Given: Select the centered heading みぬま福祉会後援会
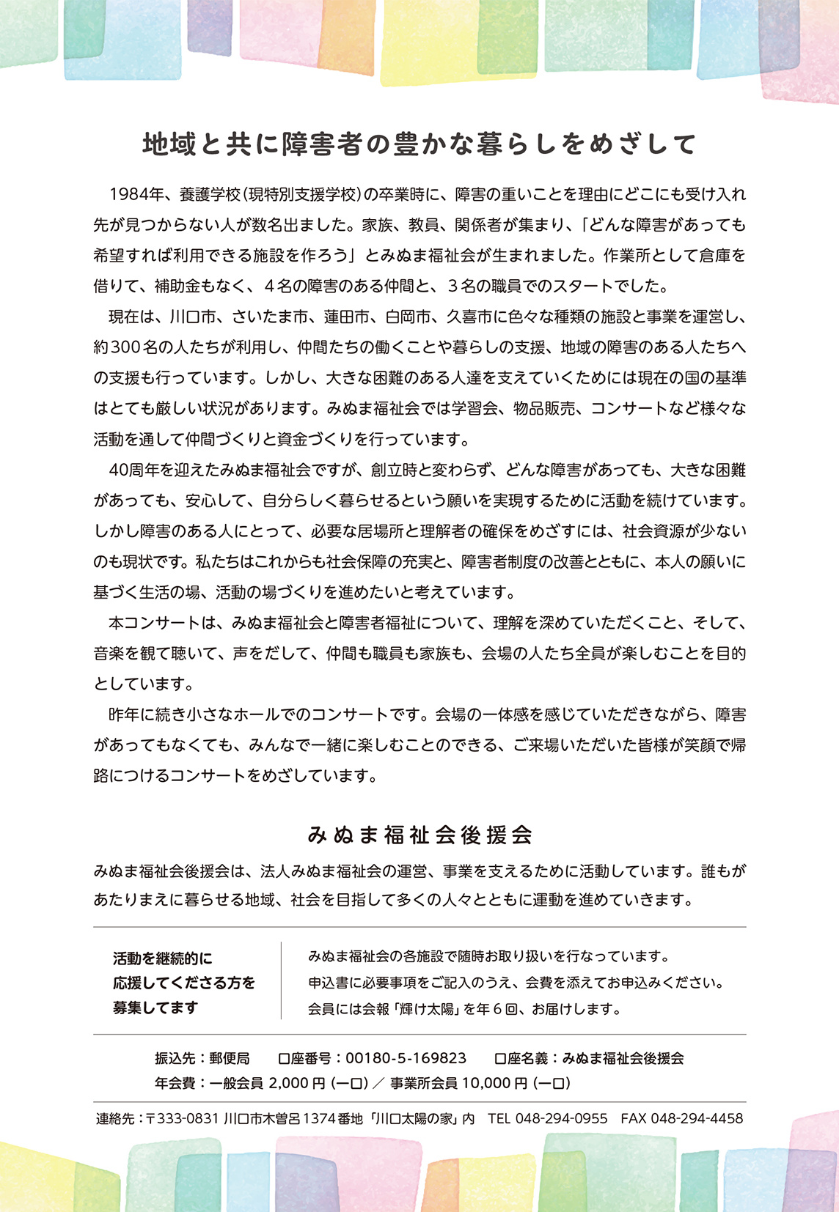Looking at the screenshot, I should pyautogui.click(x=419, y=835).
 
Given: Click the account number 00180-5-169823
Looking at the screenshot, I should pyautogui.click(x=406, y=1058).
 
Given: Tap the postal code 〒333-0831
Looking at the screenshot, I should pyautogui.click(x=183, y=1119).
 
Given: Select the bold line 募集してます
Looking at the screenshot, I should pyautogui.click(x=155, y=1008).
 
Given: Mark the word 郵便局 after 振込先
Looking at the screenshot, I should pyautogui.click(x=230, y=1058).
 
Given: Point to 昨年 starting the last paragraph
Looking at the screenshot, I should pyautogui.click(x=123, y=714).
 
